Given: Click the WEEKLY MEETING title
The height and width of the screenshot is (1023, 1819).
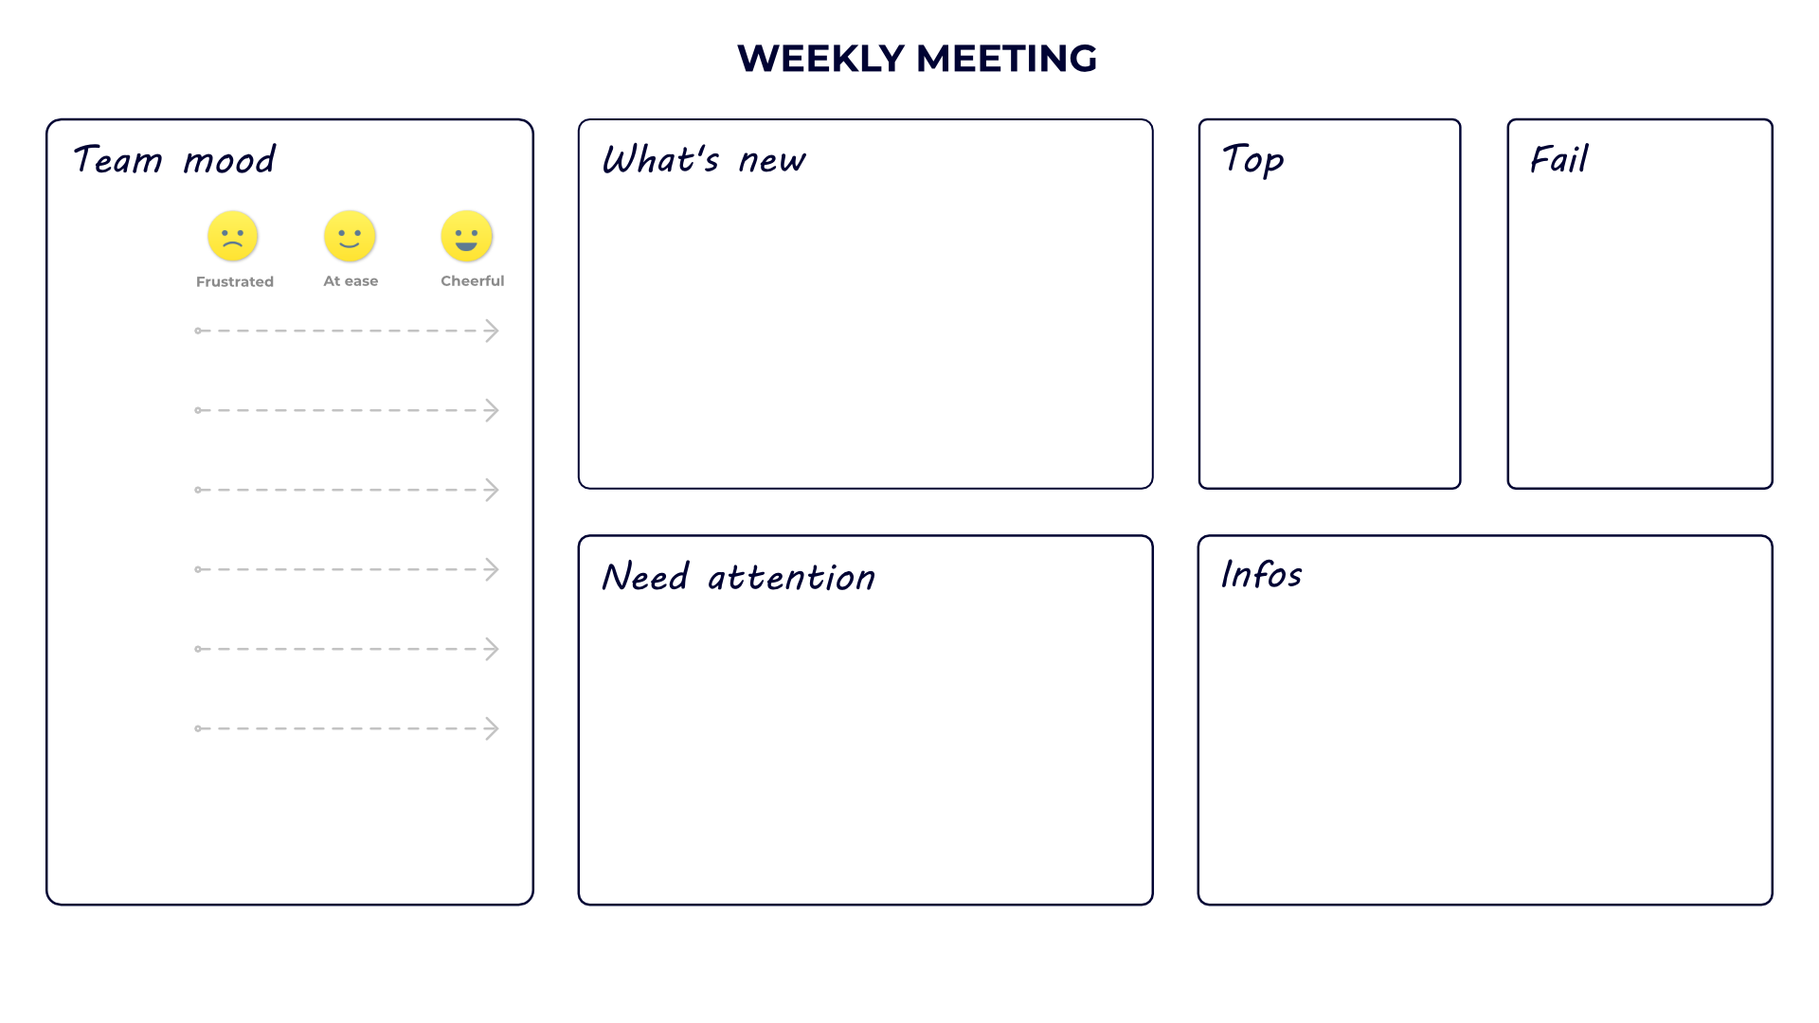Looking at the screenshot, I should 916,59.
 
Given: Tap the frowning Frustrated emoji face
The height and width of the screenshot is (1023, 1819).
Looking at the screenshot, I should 232,236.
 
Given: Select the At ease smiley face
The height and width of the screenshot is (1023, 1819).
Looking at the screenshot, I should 350,236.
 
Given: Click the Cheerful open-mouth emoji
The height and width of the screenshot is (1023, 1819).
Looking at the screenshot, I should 466,236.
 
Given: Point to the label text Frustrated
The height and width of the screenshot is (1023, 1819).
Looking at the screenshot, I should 235,281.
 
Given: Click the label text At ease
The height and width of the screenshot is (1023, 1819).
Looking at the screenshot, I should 351,280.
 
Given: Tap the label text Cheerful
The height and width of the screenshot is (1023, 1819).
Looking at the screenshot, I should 472,280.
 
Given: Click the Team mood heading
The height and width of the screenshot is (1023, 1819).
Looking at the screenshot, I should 174,160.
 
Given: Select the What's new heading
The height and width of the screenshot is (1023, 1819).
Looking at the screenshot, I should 703,160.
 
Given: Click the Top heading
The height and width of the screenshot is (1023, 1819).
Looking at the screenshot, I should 1252,159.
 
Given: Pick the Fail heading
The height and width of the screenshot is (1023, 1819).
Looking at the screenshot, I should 1558,159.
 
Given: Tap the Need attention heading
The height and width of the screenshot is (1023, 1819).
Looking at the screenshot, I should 738,577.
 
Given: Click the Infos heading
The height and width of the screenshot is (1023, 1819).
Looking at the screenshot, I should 1261,574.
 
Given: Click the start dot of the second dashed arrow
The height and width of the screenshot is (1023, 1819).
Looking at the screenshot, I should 198,410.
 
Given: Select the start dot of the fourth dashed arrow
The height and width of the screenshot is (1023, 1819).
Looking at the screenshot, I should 198,569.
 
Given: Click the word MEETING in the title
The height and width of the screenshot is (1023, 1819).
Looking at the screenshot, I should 1007,59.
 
